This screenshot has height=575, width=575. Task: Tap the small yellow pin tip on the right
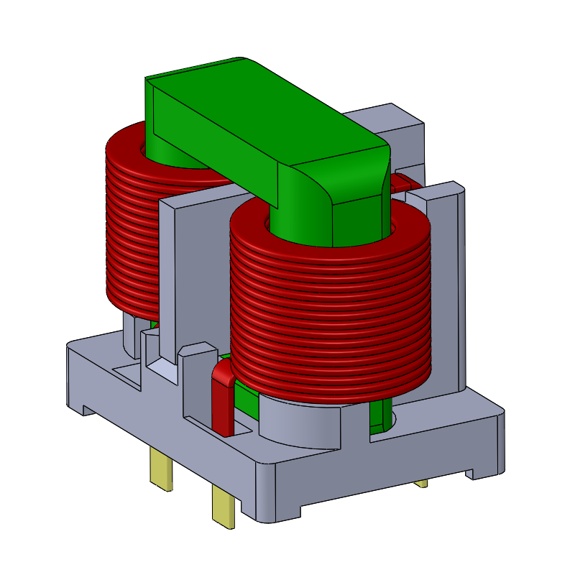[x=421, y=484]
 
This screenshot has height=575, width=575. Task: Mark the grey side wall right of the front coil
[x=449, y=287]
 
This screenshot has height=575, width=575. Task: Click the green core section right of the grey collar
[x=382, y=417]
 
